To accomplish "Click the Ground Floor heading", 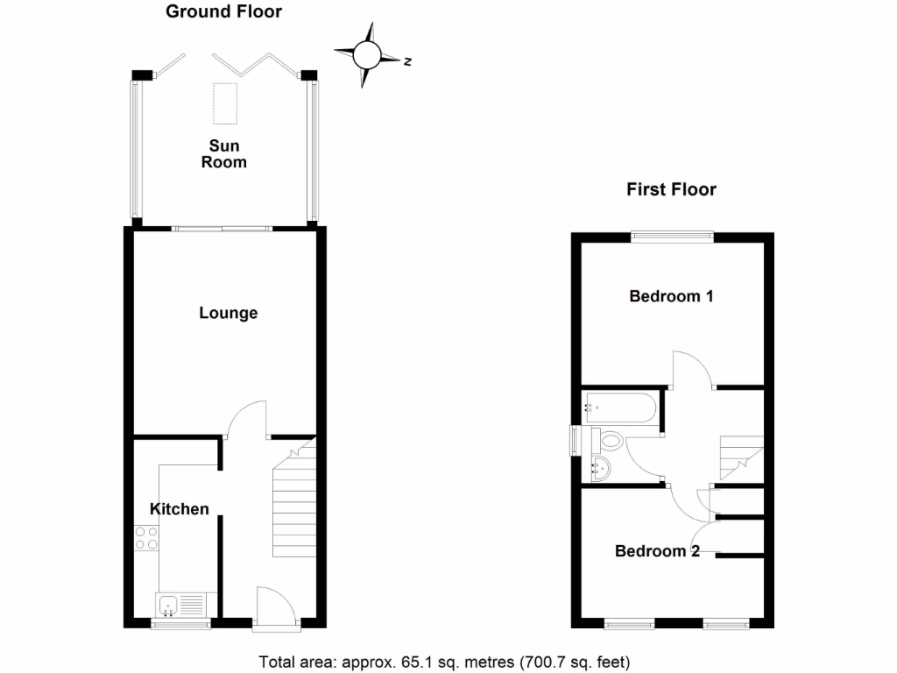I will click(x=224, y=11).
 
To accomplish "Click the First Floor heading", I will click(x=671, y=189).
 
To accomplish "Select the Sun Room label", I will click(x=224, y=153).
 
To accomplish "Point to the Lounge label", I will click(x=228, y=313).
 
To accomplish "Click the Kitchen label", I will click(x=180, y=508).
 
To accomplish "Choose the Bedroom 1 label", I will click(x=671, y=296).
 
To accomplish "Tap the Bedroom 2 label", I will click(x=657, y=551).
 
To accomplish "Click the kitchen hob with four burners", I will click(x=146, y=537).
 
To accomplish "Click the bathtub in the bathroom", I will click(x=618, y=407).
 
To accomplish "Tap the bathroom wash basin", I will click(x=603, y=468).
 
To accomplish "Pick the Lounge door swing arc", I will click(x=246, y=419).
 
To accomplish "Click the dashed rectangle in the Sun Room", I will click(x=225, y=103).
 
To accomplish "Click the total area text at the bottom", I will click(x=444, y=662).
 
